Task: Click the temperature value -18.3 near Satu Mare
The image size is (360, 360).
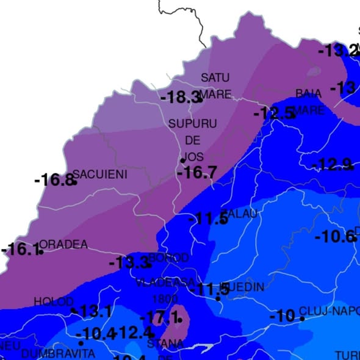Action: click(181, 96)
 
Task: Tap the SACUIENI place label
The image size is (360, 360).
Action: click(100, 175)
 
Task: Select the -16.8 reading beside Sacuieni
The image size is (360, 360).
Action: click(54, 180)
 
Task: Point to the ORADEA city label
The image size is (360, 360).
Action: click(64, 245)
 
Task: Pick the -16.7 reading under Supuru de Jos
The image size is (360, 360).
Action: click(196, 173)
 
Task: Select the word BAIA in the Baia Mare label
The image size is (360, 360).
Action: click(308, 93)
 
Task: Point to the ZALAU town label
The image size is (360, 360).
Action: click(242, 214)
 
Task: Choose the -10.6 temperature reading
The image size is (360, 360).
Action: click(334, 236)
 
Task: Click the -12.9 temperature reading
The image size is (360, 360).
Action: click(332, 165)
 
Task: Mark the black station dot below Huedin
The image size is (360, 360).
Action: click(218, 298)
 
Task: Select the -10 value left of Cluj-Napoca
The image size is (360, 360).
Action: click(283, 317)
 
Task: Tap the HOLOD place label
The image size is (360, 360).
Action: click(53, 302)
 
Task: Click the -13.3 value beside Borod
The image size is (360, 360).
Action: click(128, 263)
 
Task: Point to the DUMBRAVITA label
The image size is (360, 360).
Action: click(58, 353)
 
